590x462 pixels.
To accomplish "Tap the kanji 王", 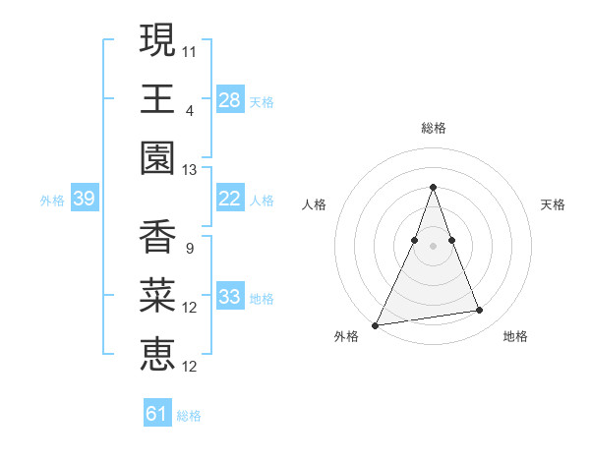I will point(157,99).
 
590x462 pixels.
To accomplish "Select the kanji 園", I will point(157,158).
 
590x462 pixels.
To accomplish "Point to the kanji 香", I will point(157,237).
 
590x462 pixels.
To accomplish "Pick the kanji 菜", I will point(157,296).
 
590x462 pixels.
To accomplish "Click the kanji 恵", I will point(157,355).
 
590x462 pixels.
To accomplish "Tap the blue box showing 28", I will point(230,100).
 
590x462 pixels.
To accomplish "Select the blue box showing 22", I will point(230,199).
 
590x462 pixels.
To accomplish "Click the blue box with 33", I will point(230,297).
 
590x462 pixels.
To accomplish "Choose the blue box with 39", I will point(84,199).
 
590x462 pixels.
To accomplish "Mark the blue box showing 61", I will point(157,414).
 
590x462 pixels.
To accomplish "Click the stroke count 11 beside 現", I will point(190,50).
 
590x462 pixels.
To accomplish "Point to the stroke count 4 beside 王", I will point(190,110).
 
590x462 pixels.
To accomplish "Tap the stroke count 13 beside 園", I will point(190,169).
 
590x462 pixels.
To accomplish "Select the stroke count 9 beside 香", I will point(190,248).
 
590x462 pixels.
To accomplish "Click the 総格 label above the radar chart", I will point(434,128).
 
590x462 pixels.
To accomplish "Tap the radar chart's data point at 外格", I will point(376,324).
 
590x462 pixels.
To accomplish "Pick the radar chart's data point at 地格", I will point(480,311).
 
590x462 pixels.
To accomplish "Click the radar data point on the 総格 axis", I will point(434,187).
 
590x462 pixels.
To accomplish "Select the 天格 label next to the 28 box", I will point(262,101).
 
